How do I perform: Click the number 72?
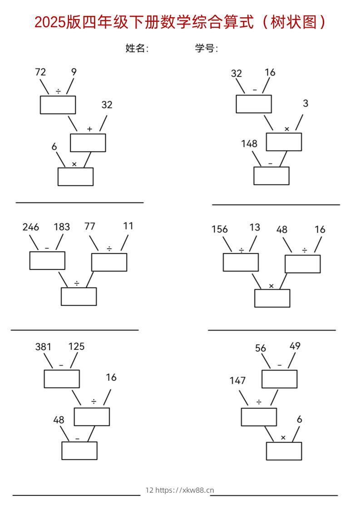tap(40, 72)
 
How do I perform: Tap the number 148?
tap(249, 144)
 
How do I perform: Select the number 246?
tap(31, 227)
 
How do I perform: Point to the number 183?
tap(62, 227)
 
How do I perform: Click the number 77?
tap(90, 227)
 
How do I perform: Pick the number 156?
tap(220, 230)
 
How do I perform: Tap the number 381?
tap(44, 347)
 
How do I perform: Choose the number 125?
tap(76, 347)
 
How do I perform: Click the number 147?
tap(237, 381)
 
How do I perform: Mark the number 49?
tap(295, 346)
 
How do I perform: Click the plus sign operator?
tap(89, 129)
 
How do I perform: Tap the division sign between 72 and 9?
tap(58, 92)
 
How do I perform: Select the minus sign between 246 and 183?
tap(47, 248)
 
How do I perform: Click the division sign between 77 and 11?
tap(109, 248)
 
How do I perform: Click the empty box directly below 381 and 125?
tap(62, 379)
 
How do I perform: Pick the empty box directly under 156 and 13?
tap(241, 262)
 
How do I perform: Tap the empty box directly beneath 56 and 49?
tap(279, 379)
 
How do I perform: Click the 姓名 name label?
tap(137, 48)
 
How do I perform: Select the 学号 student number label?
tap(206, 48)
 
